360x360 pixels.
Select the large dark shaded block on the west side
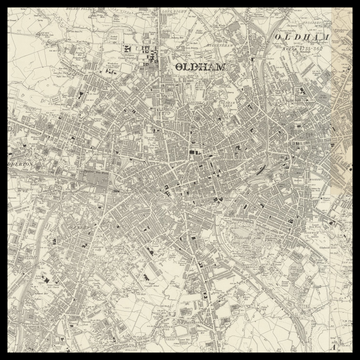pos(95,179)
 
